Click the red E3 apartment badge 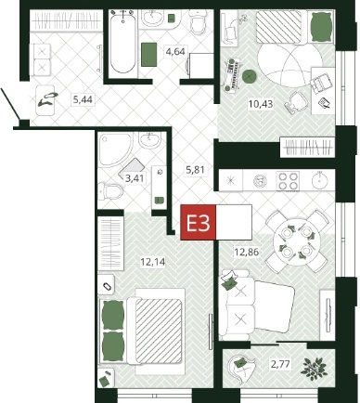198,222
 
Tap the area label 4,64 175,51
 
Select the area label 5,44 83,99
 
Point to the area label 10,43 261,104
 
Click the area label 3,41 135,178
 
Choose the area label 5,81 195,170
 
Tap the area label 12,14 153,263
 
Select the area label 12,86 247,252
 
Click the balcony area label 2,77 280,364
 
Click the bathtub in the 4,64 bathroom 123,41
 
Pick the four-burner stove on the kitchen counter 288,181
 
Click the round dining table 297,241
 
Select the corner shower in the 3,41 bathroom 117,150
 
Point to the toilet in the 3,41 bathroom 110,190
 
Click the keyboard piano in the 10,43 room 233,75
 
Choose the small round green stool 248,76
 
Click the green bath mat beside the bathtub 149,55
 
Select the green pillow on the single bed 321,27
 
